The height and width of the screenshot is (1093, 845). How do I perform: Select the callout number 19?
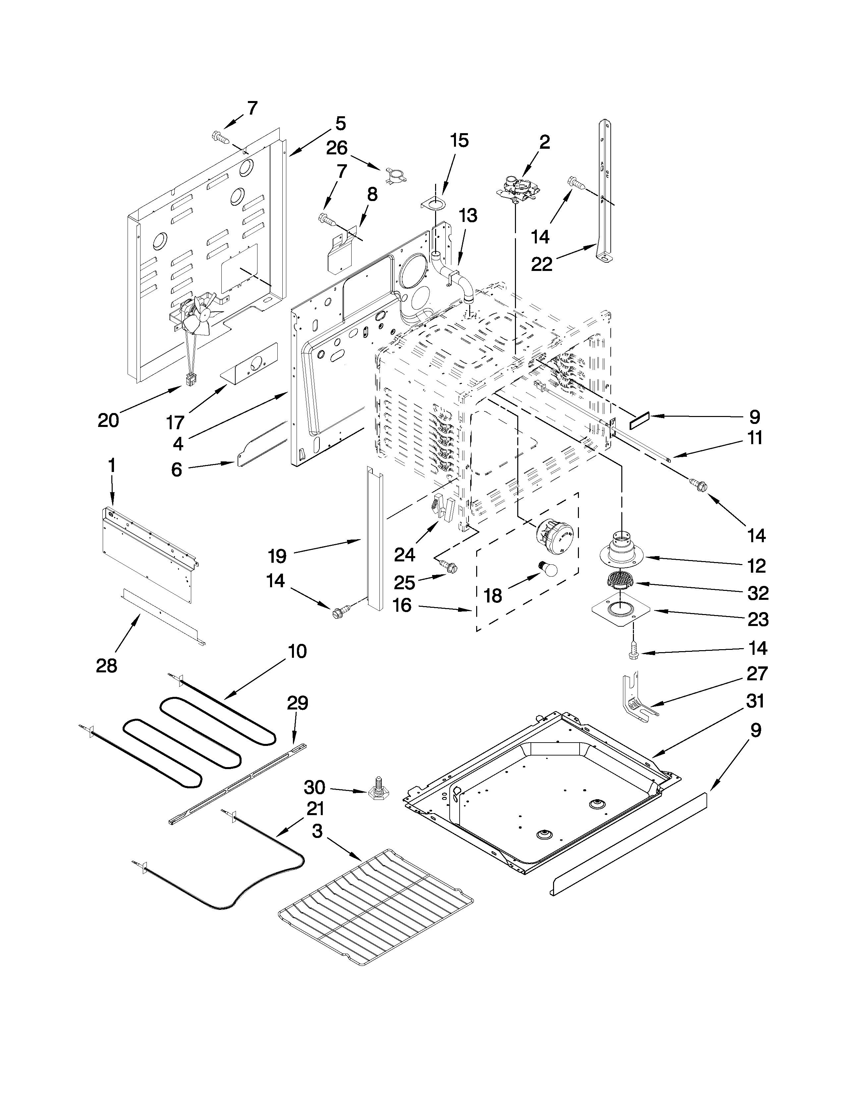(277, 555)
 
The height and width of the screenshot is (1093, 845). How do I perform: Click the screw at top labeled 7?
(220, 136)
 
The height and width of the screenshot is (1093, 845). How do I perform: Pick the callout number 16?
(402, 605)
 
